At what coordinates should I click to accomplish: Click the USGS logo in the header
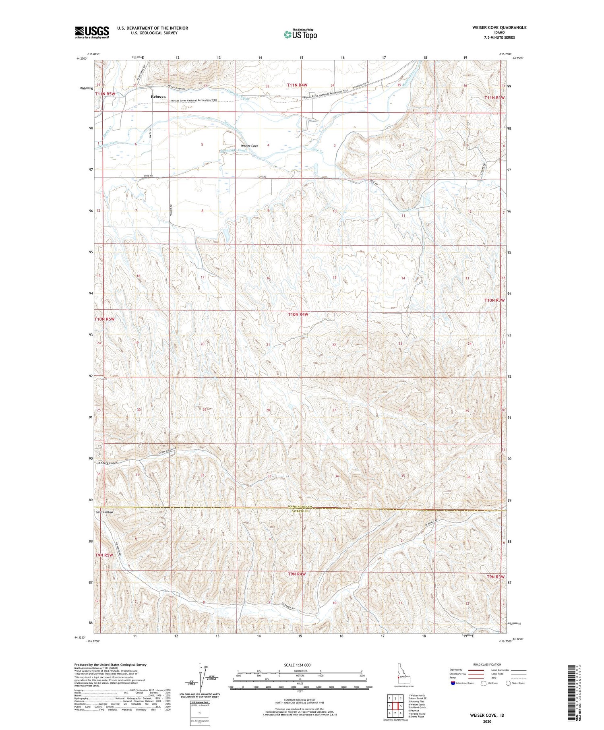[x=92, y=32]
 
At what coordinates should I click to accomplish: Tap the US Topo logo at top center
[x=300, y=34]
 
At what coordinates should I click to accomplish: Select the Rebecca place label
[x=158, y=97]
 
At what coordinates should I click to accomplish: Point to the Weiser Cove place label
[x=249, y=146]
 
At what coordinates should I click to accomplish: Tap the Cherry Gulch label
[x=108, y=463]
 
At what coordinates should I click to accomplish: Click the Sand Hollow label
[x=104, y=512]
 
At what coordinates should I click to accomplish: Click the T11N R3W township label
[x=494, y=98]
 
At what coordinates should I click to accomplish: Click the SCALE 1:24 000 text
[x=300, y=665]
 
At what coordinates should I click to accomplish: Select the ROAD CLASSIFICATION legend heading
[x=487, y=664]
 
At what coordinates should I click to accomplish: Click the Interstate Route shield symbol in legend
[x=453, y=683]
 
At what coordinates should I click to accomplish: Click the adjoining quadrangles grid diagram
[x=395, y=703]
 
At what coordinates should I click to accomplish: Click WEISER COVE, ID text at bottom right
[x=487, y=716]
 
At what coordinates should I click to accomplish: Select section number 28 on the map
[x=268, y=410]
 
